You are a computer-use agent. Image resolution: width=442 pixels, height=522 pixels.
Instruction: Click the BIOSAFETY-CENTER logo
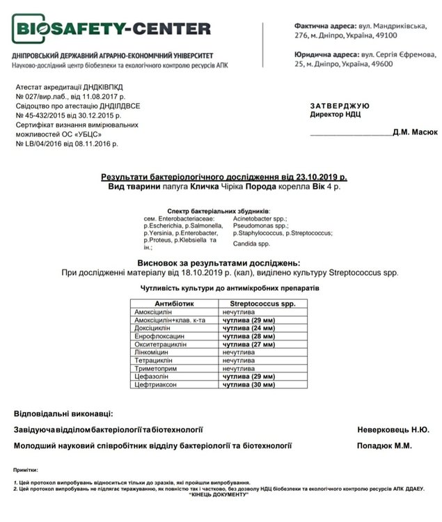coord(111,29)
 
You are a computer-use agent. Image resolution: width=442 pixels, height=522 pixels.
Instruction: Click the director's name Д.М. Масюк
coord(416,131)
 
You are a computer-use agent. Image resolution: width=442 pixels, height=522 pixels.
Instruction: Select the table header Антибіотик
coord(175,303)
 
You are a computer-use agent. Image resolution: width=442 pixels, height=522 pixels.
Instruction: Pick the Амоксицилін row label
coord(154,313)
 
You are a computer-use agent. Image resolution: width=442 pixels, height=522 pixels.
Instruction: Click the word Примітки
coord(26,470)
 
